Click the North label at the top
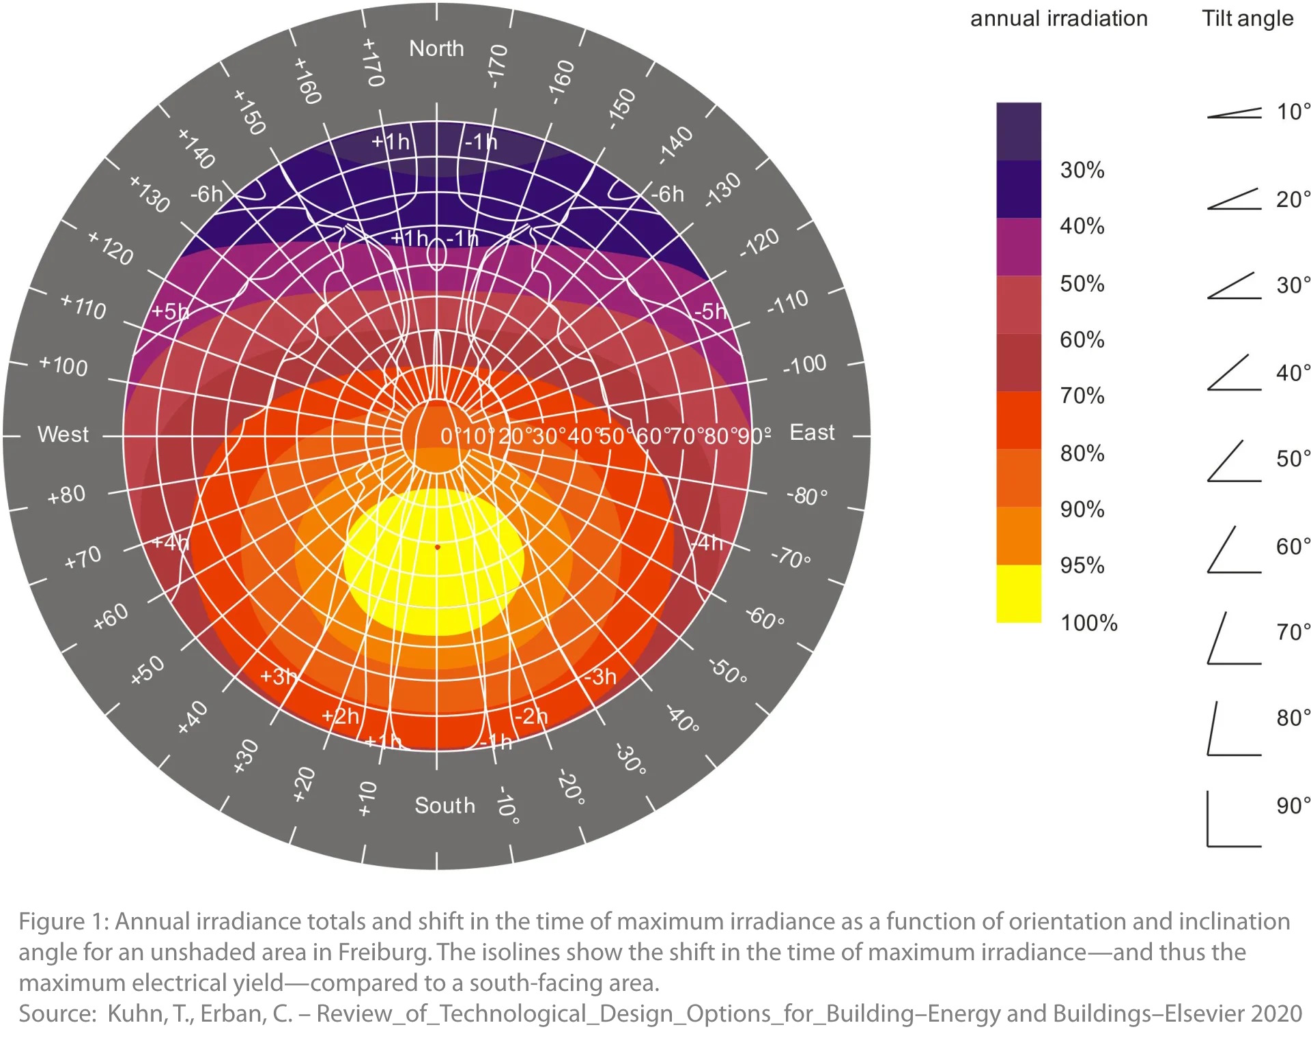coord(436,48)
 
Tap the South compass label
coord(445,806)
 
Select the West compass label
coord(63,434)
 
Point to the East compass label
coord(812,432)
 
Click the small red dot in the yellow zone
coord(438,547)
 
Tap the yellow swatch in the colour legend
coord(1018,593)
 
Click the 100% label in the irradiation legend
coord(1088,623)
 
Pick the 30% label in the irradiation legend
coord(1082,170)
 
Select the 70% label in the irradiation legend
coord(1082,395)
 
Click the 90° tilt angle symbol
coord(1233,819)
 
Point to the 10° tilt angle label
coord(1293,111)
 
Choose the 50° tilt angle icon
coord(1233,462)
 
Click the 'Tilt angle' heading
coord(1247,18)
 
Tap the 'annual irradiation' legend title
coord(1059,18)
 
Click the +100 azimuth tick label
coord(64,365)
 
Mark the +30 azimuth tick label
coord(246,756)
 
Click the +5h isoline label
coord(169,311)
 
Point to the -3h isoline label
coord(600,677)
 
